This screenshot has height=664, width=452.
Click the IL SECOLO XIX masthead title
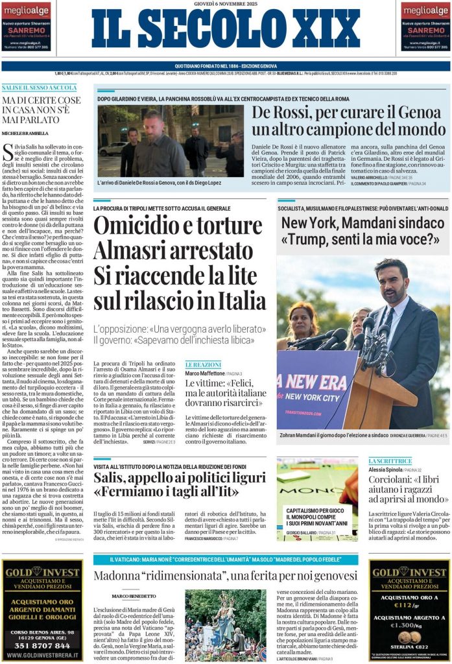tap(225, 30)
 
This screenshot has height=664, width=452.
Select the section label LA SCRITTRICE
tap(390, 461)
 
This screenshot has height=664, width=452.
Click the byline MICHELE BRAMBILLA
tap(24, 133)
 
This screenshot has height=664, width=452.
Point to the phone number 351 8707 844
tap(42, 645)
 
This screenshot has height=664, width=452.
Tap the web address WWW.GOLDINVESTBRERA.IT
tap(42, 656)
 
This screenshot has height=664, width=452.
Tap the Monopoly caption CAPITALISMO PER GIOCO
tap(315, 512)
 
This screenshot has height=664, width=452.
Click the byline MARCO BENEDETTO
tap(134, 595)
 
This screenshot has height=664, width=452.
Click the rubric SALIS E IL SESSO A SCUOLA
tap(39, 87)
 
